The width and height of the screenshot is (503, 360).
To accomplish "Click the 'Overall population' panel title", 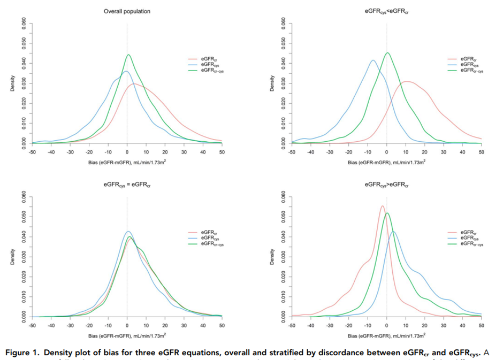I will click(x=127, y=11).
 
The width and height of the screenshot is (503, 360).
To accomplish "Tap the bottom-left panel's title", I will click(x=127, y=184).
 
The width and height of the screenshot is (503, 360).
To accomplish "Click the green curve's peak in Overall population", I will click(x=128, y=55).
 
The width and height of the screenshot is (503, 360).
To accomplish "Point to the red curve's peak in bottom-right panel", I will click(x=382, y=206).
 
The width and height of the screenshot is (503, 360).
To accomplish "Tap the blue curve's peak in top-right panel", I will click(x=374, y=60).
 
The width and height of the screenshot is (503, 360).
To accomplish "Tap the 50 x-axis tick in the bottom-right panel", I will click(x=481, y=325).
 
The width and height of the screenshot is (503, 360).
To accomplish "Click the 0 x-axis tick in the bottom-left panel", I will click(x=127, y=325).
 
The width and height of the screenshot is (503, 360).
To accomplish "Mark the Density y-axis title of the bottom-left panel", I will click(x=12, y=257).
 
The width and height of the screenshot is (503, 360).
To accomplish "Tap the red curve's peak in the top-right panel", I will click(x=407, y=81).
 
